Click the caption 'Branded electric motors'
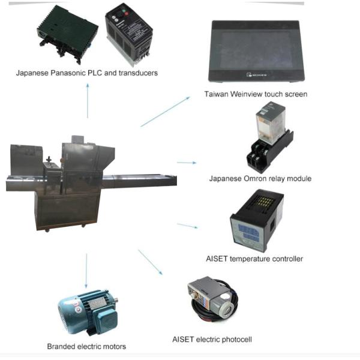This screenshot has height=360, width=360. (x=87, y=346)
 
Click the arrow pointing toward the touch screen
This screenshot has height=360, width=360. (x=165, y=112)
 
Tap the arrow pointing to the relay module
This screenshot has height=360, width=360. (x=187, y=162)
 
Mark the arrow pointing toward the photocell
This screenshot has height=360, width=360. (x=150, y=262)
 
